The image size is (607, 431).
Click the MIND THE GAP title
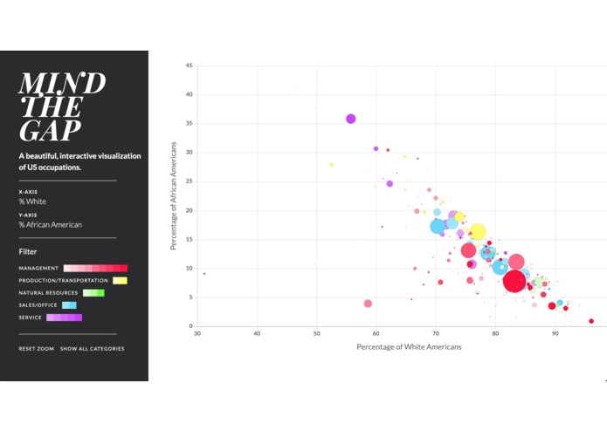pyautogui.click(x=62, y=106)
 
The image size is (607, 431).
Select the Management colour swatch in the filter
pyautogui.click(x=96, y=268)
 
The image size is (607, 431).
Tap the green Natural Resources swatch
pyautogui.click(x=93, y=293)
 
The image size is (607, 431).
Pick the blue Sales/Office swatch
pyautogui.click(x=69, y=305)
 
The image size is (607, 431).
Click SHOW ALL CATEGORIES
pyautogui.click(x=92, y=349)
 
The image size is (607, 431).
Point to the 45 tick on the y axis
pyautogui.click(x=189, y=65)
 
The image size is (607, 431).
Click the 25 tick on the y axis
pyautogui.click(x=189, y=181)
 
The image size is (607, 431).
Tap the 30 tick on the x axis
pyautogui.click(x=197, y=333)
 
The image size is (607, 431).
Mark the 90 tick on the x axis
pyautogui.click(x=555, y=333)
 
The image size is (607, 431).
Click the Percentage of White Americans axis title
pyautogui.click(x=409, y=347)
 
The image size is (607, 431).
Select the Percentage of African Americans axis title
pyautogui.click(x=174, y=195)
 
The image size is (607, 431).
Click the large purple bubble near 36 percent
pyautogui.click(x=351, y=119)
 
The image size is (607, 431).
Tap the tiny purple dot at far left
pyautogui.click(x=204, y=274)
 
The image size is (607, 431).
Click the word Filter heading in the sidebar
pyautogui.click(x=28, y=251)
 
